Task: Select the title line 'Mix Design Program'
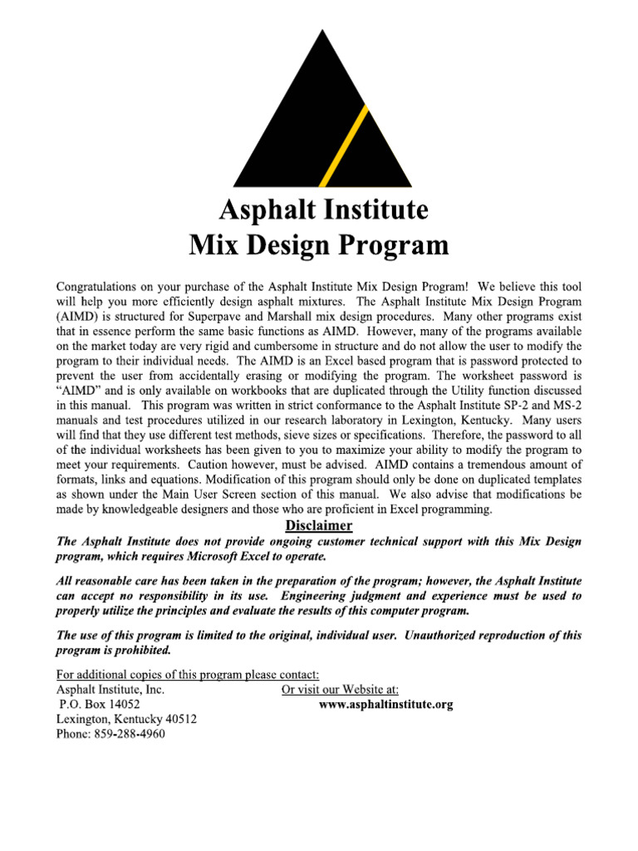point(319,245)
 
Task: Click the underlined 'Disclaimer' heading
point(319,526)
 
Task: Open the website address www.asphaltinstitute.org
point(386,704)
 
